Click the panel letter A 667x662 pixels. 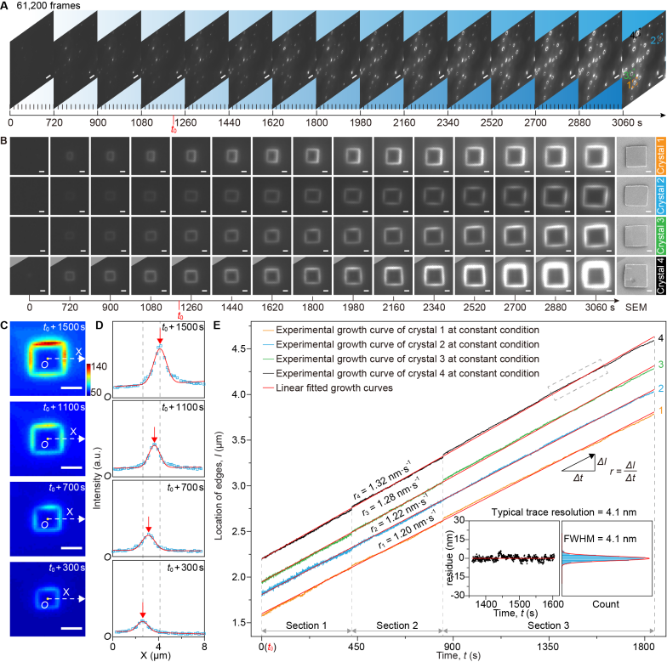click(5, 6)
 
